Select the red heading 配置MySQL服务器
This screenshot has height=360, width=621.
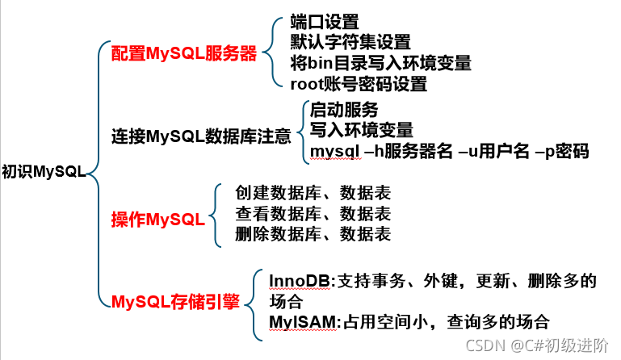[x=183, y=55]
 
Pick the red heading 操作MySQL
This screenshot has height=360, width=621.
[x=157, y=220]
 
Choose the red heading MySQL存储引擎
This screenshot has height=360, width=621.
[x=174, y=303]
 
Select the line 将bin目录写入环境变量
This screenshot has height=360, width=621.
[x=380, y=63]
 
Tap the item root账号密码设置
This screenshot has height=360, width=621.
[x=359, y=83]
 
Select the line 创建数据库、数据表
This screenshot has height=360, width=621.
[x=313, y=194]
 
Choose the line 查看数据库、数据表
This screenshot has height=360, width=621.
[x=313, y=214]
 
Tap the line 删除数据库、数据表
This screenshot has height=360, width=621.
[x=313, y=234]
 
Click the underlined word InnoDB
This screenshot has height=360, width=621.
[x=299, y=282]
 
